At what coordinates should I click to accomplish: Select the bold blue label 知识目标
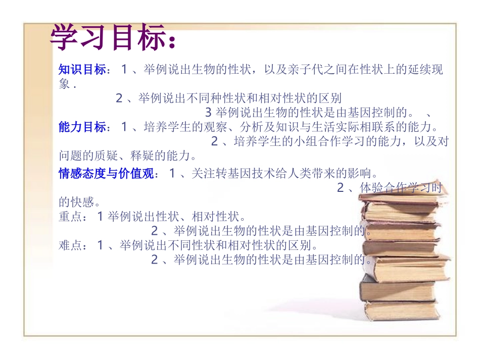click(82, 70)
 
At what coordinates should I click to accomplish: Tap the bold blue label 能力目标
click(82, 127)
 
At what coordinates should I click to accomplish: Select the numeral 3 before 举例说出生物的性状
click(208, 112)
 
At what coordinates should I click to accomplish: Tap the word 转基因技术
click(233, 174)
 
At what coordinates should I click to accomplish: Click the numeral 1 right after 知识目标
click(124, 70)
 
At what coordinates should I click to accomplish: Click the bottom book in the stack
click(402, 309)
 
